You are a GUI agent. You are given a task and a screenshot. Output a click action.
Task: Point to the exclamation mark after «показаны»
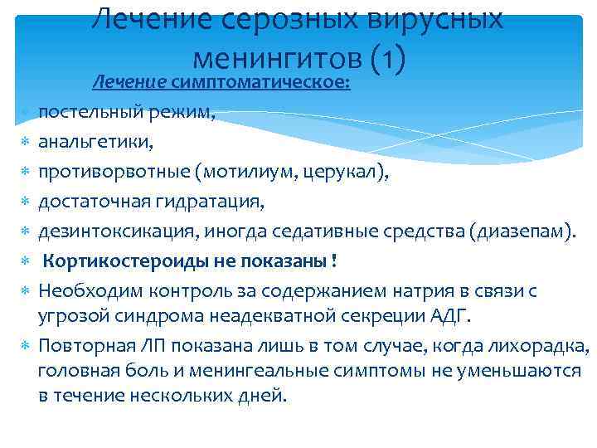click(x=333, y=261)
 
